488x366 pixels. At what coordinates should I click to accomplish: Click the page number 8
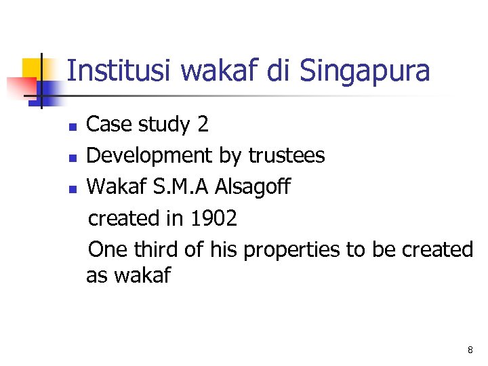click(470, 350)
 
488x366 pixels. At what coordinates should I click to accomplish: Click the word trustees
click(287, 156)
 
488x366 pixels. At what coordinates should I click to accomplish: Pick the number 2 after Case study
click(203, 125)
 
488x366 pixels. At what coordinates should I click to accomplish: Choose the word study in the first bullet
click(161, 125)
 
